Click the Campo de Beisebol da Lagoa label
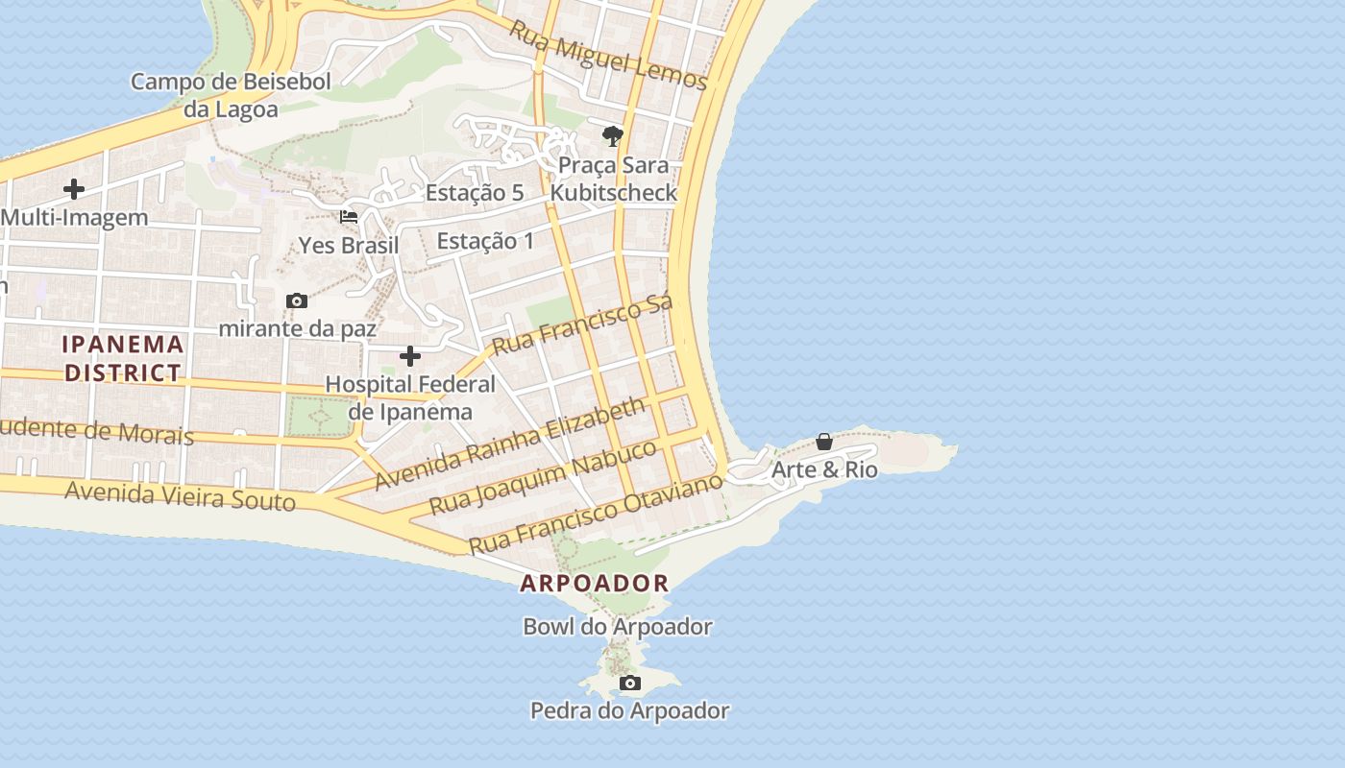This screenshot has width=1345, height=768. point(231,95)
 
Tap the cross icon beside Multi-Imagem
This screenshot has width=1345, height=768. point(74,189)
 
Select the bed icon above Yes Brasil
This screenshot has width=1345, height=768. point(349,217)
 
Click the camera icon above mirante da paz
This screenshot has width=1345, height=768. point(297,301)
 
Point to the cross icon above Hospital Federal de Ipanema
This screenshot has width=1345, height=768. point(410,357)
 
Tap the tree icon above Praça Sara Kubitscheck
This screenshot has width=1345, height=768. point(612,135)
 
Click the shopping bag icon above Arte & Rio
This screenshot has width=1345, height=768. point(824,442)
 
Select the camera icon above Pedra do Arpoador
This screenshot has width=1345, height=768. point(630,684)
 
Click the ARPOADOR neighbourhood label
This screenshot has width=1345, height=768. point(595,583)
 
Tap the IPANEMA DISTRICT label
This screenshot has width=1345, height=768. point(123,358)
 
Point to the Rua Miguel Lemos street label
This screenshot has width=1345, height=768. point(608,56)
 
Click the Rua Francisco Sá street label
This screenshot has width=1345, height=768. point(582,324)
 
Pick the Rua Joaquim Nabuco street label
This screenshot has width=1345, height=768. point(543,477)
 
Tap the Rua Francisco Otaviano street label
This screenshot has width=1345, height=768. point(595,513)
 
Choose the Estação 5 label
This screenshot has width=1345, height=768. point(475,193)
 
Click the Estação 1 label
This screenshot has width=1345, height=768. point(485,241)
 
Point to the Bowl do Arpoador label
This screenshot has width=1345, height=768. point(618,627)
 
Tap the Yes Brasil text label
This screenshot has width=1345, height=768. point(349,246)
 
